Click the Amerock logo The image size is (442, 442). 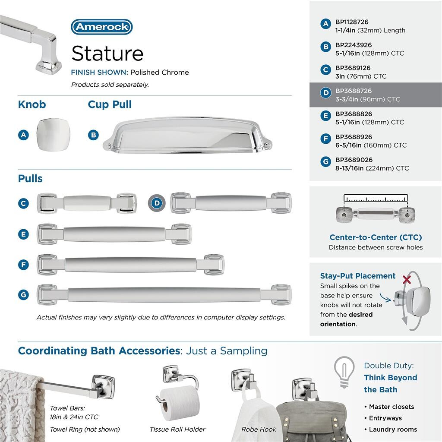click(102, 27)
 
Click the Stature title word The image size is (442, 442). click(107, 54)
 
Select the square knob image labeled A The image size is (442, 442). click(53, 135)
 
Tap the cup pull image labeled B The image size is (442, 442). click(187, 134)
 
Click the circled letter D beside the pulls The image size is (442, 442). click(157, 203)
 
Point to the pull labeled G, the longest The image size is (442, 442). click(164, 295)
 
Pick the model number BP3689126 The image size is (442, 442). click(353, 68)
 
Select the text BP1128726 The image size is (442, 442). click(352, 22)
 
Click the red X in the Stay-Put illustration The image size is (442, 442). click(406, 280)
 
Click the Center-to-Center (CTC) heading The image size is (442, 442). click(376, 237)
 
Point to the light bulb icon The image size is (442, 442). click(344, 371)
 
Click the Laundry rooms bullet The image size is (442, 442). click(393, 429)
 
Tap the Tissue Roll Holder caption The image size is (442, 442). click(177, 429)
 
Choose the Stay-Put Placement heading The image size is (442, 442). click(358, 276)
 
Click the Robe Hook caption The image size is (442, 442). click(259, 429)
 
